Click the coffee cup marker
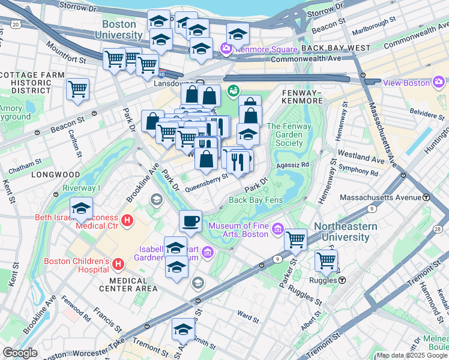(x=190, y=221)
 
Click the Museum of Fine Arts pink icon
(x=277, y=229)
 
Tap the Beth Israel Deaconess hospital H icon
(x=127, y=221)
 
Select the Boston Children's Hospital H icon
(x=118, y=263)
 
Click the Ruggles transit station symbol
(x=342, y=280)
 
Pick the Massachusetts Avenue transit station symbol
(x=426, y=197)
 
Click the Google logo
(x=20, y=353)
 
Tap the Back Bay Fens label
(x=255, y=200)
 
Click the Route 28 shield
(x=437, y=229)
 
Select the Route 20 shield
(x=15, y=24)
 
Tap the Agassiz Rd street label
(x=293, y=164)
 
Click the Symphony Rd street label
(x=358, y=172)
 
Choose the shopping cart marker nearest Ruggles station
(x=326, y=261)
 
